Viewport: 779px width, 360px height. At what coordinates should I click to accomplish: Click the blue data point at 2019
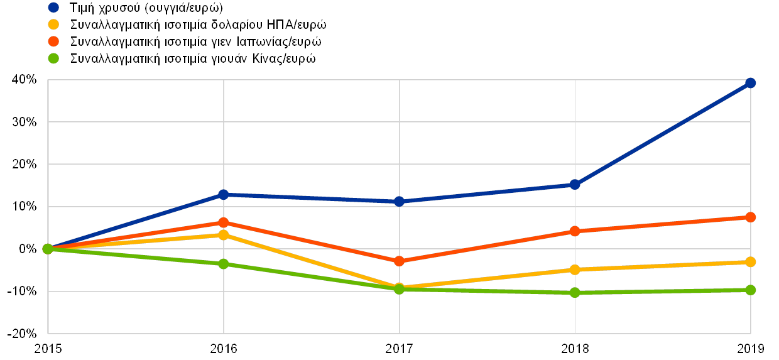coord(750,83)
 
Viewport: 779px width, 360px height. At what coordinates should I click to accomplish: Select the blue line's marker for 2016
coord(223,195)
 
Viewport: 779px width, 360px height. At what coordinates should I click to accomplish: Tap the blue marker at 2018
coord(574,185)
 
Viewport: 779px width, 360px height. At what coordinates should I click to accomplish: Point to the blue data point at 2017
coord(399,202)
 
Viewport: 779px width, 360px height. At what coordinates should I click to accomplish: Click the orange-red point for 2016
coord(223,222)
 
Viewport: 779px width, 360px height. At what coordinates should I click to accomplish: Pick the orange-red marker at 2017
coord(399,261)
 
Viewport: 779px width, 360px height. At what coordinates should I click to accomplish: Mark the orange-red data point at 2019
coord(750,217)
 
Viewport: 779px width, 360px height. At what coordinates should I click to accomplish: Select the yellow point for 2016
coord(223,235)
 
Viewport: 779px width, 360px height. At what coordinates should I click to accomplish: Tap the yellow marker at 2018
coord(574,270)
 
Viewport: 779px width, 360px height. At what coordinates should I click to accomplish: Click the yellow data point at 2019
coord(750,262)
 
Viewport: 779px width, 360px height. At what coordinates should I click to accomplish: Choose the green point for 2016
coord(223,264)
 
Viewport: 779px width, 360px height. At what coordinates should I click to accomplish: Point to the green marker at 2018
coord(574,293)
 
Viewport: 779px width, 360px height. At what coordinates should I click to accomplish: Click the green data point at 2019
coord(750,290)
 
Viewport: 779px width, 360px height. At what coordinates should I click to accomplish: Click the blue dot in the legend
coord(53,8)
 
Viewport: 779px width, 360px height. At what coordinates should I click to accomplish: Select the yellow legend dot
coord(53,25)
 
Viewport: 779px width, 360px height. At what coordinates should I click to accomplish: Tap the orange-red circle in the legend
coord(53,41)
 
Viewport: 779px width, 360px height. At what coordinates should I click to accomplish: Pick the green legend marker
coord(53,58)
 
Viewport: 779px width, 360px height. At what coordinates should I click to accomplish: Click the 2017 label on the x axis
coord(399,347)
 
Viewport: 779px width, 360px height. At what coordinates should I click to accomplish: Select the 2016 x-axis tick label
coord(223,347)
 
